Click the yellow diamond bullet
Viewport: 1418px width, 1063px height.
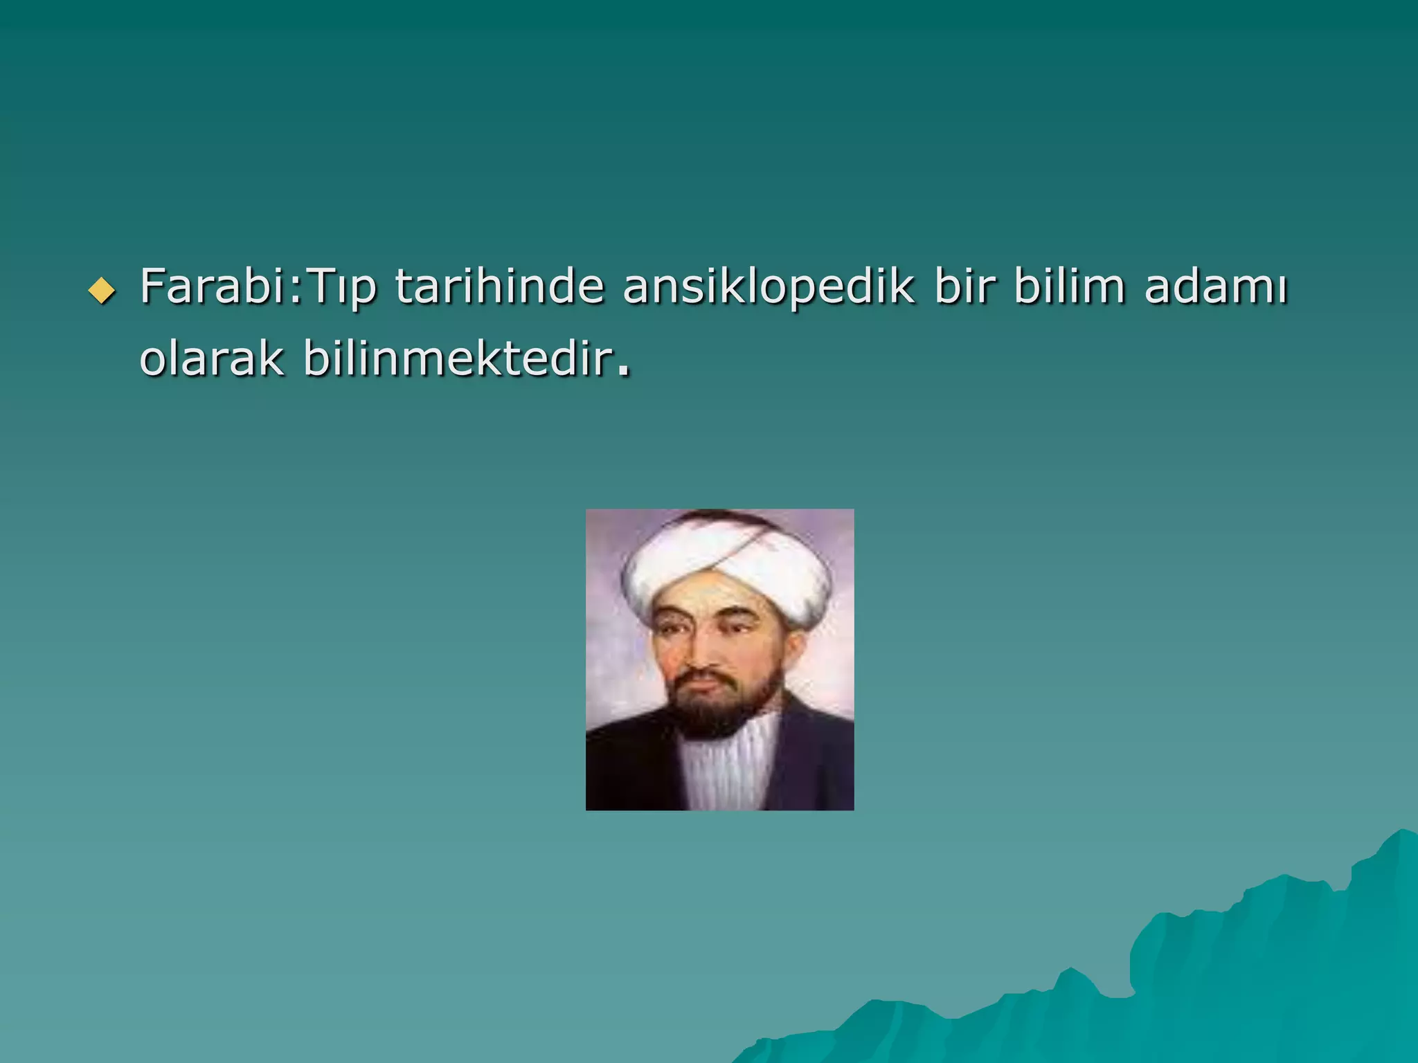102,291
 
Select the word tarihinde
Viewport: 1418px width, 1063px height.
499,286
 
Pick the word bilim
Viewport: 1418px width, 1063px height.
1069,286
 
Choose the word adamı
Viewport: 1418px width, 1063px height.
1216,286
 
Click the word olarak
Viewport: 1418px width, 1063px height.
212,358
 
